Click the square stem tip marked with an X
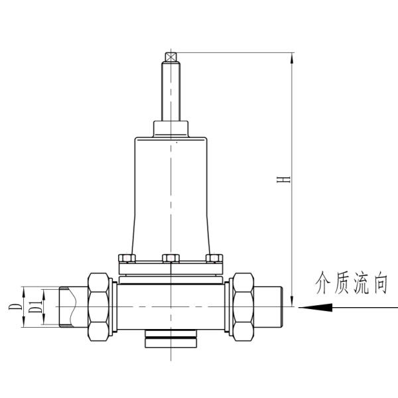coord(172,58)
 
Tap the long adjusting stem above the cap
coord(172,93)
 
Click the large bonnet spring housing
coord(172,192)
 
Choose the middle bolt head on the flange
coord(172,258)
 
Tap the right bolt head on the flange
coord(214,258)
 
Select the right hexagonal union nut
coord(242,306)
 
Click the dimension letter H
coord(284,180)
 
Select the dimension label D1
coord(32,307)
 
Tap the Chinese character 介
coord(323,285)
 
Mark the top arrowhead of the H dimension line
coord(293,58)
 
